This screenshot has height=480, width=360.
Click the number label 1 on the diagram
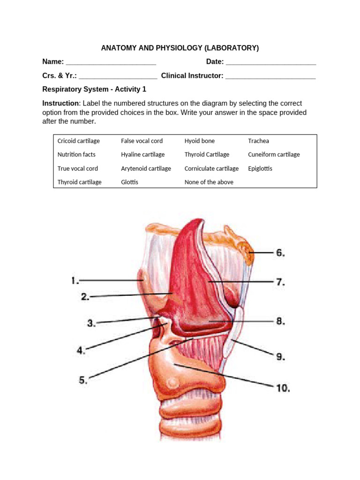pyautogui.click(x=74, y=281)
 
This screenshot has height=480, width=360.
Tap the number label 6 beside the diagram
pyautogui.click(x=280, y=253)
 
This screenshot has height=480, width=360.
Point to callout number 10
pyautogui.click(x=283, y=388)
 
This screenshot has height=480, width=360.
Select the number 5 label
pyautogui.click(x=83, y=380)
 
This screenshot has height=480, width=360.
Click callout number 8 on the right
pyautogui.click(x=280, y=322)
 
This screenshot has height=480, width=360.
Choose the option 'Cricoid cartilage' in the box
pyautogui.click(x=78, y=141)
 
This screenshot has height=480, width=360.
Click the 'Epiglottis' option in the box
pyautogui.click(x=260, y=168)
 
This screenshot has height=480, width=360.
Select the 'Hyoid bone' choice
pyautogui.click(x=200, y=141)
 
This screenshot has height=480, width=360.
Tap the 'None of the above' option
pyautogui.click(x=209, y=182)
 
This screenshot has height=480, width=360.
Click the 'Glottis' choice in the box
pyautogui.click(x=129, y=182)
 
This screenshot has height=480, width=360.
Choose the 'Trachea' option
pyautogui.click(x=258, y=141)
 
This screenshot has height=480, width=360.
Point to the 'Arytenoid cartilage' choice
pyautogui.click(x=146, y=168)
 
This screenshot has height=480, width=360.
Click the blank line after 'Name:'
pyautogui.click(x=111, y=62)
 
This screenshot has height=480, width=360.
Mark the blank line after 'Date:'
pyautogui.click(x=270, y=62)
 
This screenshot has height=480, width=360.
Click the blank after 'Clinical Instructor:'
pyautogui.click(x=270, y=75)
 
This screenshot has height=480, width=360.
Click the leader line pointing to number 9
pyautogui.click(x=253, y=348)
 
